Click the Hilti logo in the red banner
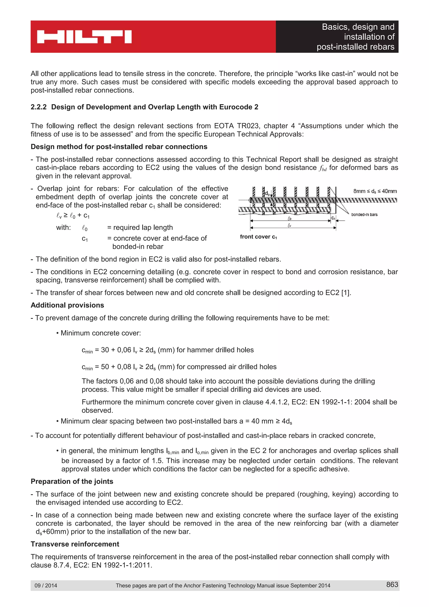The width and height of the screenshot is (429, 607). (84, 37)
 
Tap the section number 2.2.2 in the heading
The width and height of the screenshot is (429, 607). (39, 107)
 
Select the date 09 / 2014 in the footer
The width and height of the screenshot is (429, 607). (46, 585)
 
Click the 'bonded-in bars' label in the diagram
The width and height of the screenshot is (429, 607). (364, 214)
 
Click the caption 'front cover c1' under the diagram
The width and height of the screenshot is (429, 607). (258, 237)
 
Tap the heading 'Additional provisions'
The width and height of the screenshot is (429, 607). (67, 305)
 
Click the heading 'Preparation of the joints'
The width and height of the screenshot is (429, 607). (72, 481)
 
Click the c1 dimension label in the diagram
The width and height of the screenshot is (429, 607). (333, 218)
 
